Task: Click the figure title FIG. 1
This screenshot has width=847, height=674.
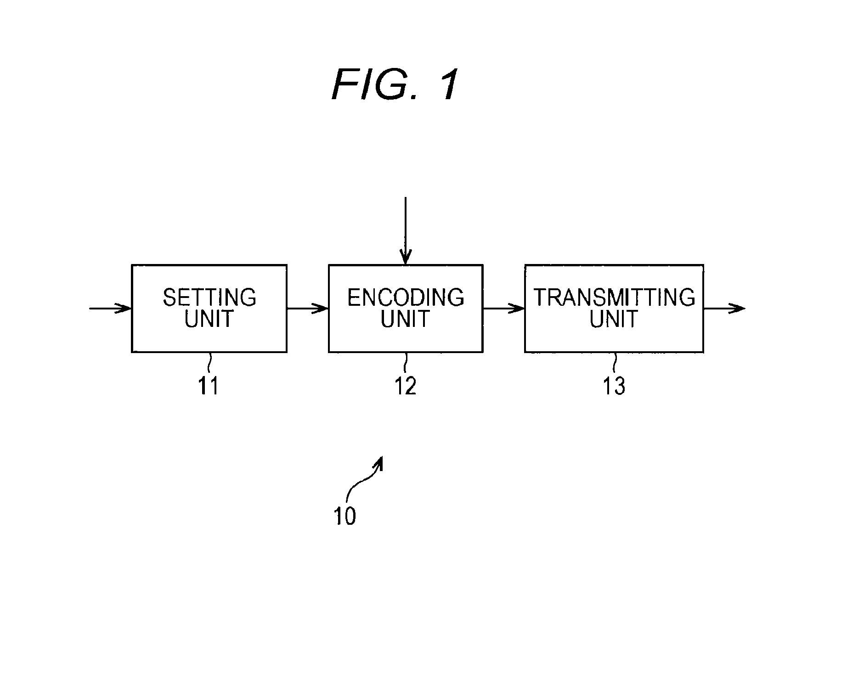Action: tap(395, 85)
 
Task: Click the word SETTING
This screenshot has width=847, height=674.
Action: tap(209, 298)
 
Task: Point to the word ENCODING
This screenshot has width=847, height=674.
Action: tap(406, 298)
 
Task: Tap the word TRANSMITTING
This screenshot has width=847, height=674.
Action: tap(614, 298)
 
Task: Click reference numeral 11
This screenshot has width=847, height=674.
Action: tap(208, 386)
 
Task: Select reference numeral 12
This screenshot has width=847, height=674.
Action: tap(406, 386)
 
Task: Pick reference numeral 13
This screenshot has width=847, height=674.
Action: tap(614, 386)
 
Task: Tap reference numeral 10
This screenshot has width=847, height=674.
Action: tap(345, 516)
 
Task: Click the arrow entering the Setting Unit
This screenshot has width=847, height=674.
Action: tap(110, 308)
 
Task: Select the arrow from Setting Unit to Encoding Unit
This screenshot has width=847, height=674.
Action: tap(308, 308)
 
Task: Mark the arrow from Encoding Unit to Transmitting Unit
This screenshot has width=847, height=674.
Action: tap(504, 308)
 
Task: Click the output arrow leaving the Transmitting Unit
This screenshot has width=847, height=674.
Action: tap(724, 308)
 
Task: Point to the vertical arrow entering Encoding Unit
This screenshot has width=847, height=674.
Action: tap(406, 231)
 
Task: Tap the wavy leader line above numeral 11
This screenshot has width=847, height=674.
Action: tap(209, 364)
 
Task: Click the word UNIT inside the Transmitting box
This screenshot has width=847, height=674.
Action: tap(614, 319)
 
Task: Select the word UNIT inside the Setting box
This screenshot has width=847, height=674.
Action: tap(209, 319)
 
